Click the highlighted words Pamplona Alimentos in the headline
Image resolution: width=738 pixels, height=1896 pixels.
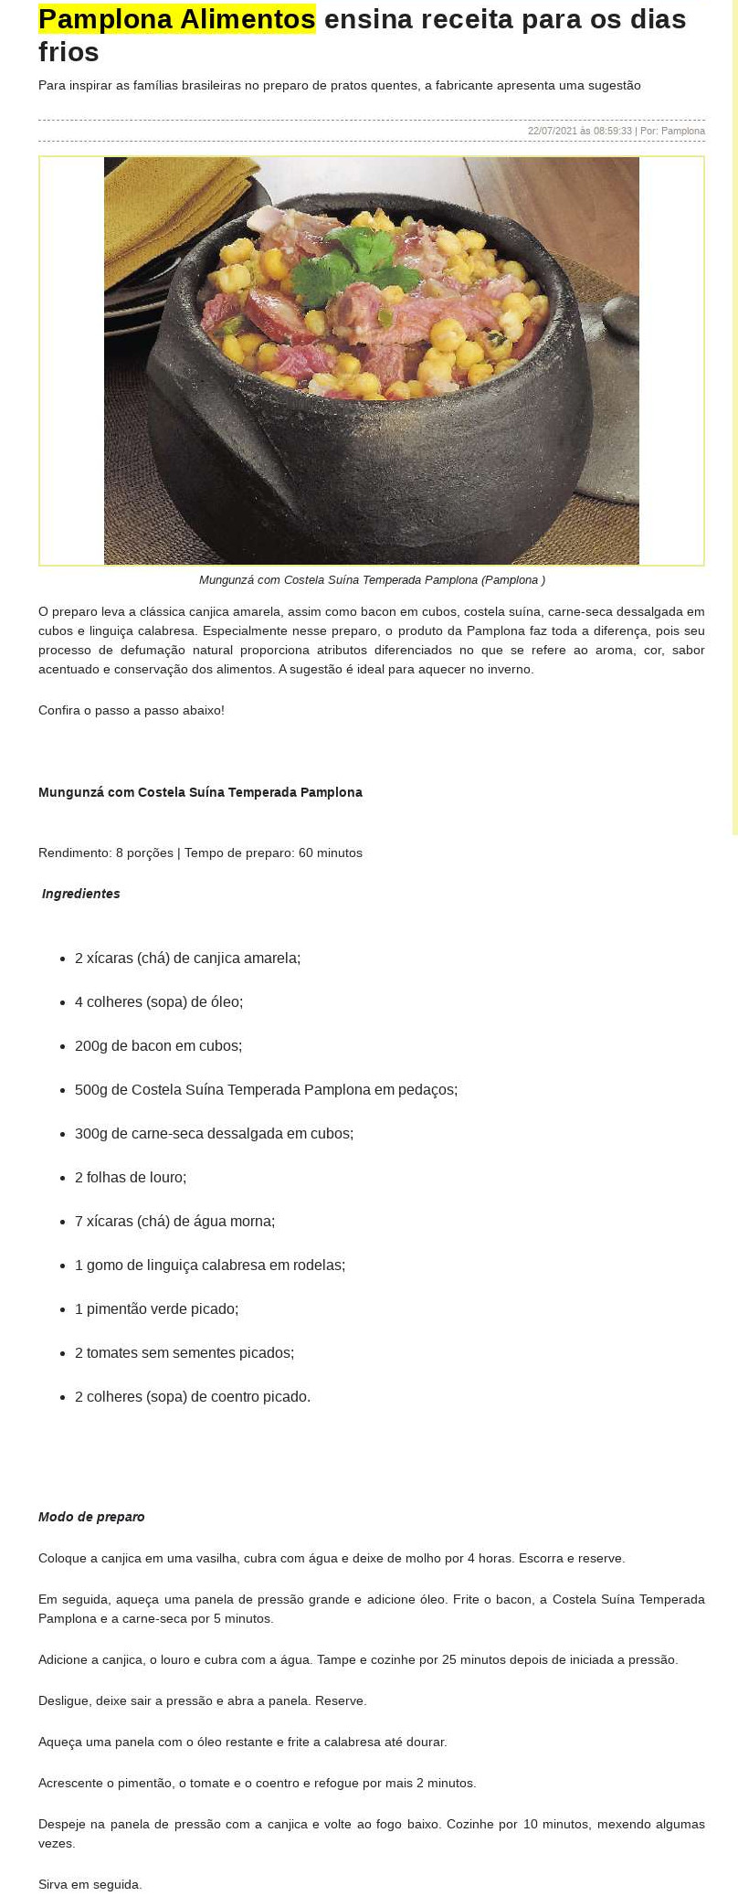[176, 18]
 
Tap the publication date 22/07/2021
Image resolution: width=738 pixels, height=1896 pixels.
[553, 131]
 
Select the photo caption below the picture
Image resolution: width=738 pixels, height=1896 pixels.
[372, 580]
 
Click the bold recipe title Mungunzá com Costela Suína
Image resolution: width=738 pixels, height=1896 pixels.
[200, 792]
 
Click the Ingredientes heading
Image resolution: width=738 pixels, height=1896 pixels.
[81, 894]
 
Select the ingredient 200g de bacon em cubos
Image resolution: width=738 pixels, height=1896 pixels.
[158, 1045]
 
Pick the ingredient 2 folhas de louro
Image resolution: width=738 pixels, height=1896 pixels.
[131, 1177]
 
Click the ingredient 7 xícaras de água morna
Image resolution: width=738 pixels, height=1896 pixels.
[174, 1221]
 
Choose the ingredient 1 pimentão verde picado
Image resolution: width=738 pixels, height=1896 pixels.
[156, 1308]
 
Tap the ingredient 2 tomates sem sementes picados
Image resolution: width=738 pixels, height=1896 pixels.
[184, 1352]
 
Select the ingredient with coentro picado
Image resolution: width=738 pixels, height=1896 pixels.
[193, 1396]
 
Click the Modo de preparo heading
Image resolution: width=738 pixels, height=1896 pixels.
[91, 1517]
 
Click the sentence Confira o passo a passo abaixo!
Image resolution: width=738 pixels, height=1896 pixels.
[132, 710]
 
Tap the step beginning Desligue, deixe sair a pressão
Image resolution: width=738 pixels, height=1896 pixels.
[202, 1700]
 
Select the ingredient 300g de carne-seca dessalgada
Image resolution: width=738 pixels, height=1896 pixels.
[214, 1133]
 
